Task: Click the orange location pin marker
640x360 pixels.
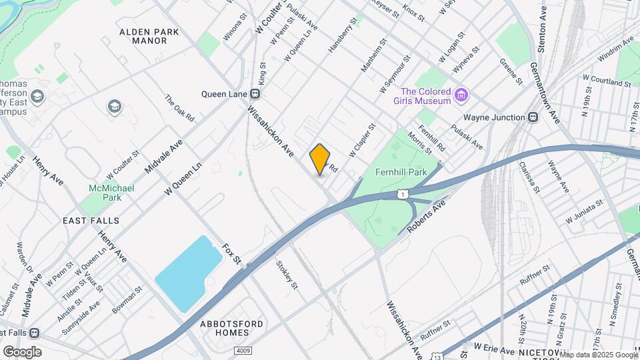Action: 320,159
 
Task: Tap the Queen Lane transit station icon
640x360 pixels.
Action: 255,94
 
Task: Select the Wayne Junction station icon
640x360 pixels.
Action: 533,117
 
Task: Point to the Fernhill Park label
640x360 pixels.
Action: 401,172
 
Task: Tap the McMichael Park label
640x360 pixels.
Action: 111,193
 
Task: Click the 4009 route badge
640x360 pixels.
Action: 243,351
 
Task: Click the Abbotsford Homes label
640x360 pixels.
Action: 231,329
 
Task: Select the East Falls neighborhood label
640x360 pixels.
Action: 91,221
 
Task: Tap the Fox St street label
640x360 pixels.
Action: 231,253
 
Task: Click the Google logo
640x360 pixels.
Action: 22,351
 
